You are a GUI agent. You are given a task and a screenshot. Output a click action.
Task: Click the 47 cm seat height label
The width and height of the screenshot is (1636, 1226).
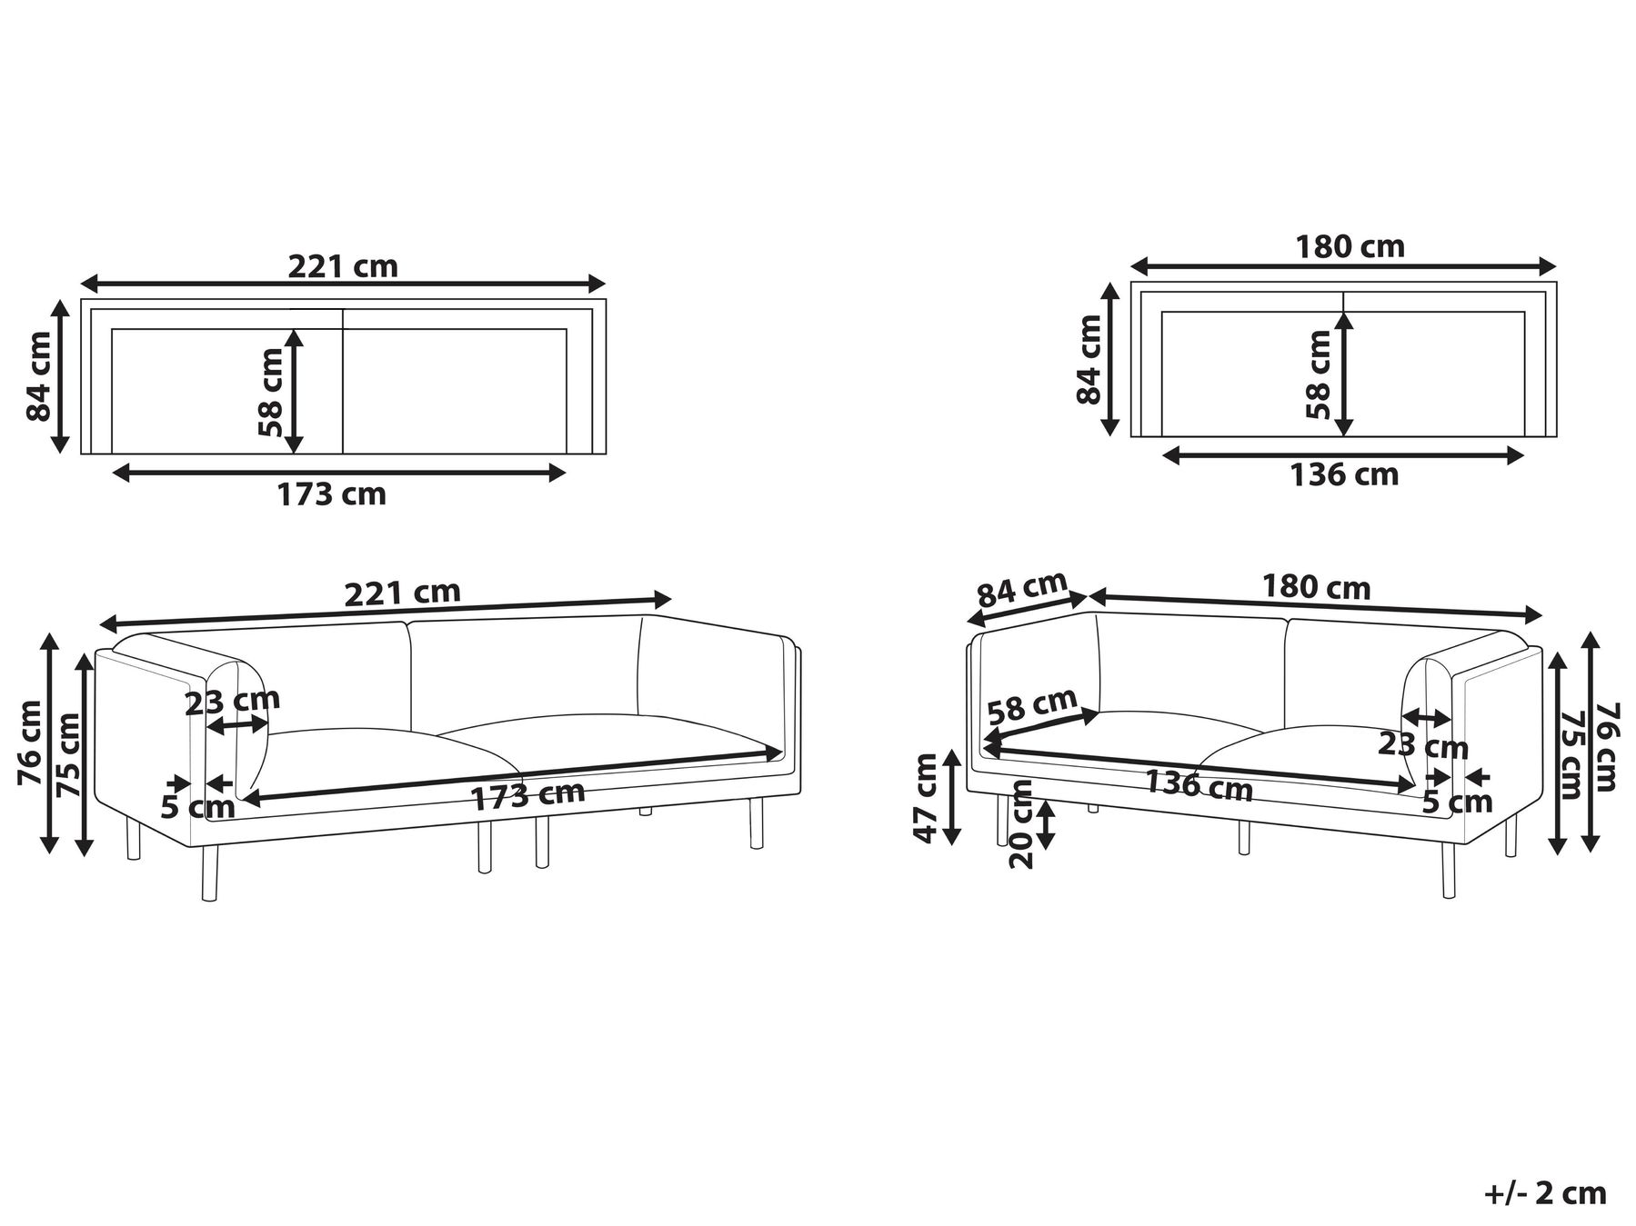pos(928,798)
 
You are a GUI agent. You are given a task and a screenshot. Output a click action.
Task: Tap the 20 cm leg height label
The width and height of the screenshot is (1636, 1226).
pos(1022,824)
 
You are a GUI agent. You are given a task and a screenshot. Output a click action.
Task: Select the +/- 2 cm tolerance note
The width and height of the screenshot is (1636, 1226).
pos(1545,1193)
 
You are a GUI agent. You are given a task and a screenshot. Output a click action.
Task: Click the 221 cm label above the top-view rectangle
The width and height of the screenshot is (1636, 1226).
pos(343,266)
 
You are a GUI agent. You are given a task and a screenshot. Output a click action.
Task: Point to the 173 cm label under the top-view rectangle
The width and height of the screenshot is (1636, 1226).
pos(332,494)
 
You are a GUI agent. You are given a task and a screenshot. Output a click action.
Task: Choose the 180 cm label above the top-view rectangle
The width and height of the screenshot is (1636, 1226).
pos(1350,246)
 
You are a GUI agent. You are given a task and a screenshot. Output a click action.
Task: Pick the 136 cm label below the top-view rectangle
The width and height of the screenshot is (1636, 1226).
pos(1344,474)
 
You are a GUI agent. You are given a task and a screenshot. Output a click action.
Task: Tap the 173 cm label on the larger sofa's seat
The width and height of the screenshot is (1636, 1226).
pos(527,795)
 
